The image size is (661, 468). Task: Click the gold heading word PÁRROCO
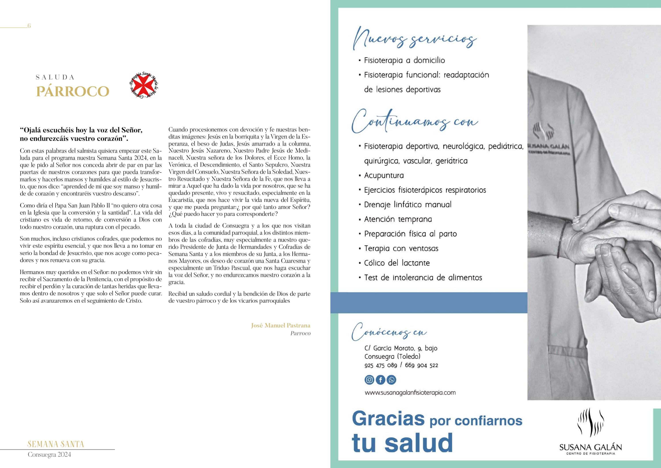(72, 91)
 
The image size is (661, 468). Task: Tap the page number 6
(29, 26)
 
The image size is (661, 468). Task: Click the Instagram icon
(369, 380)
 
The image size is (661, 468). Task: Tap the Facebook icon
(380, 380)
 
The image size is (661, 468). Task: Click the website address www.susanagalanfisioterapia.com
(410, 393)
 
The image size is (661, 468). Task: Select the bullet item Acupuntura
(384, 175)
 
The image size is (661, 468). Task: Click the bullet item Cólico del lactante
(397, 263)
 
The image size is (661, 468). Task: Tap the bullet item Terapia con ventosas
(401, 248)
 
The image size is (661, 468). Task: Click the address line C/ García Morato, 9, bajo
(401, 348)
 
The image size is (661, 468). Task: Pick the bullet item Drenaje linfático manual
(408, 204)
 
